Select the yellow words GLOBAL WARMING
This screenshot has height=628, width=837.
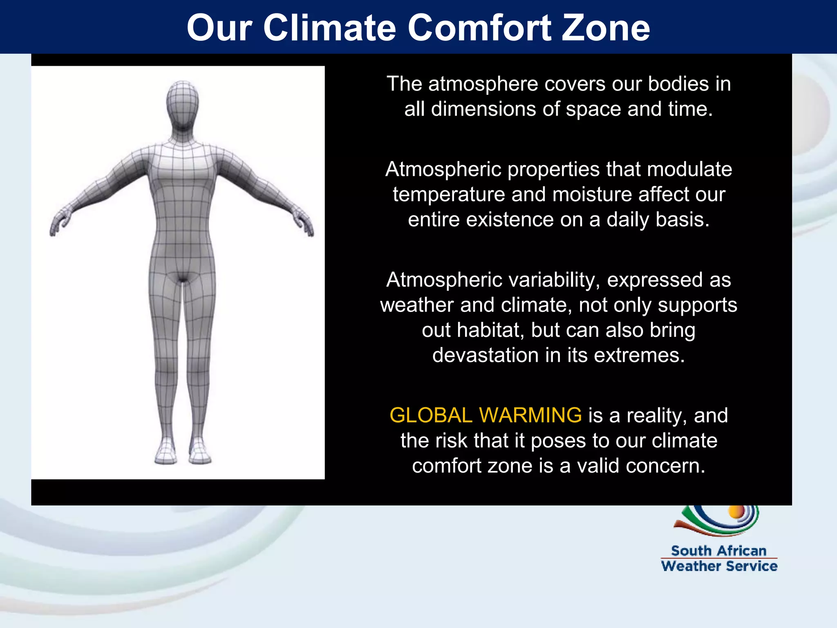[485, 415]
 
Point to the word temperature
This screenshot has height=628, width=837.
[449, 194]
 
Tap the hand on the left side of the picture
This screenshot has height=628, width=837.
[58, 224]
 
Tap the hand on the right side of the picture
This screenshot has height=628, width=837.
[304, 224]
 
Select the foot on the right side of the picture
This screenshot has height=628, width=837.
[200, 453]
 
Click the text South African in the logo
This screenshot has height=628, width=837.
[718, 551]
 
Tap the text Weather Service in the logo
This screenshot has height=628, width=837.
[719, 566]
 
